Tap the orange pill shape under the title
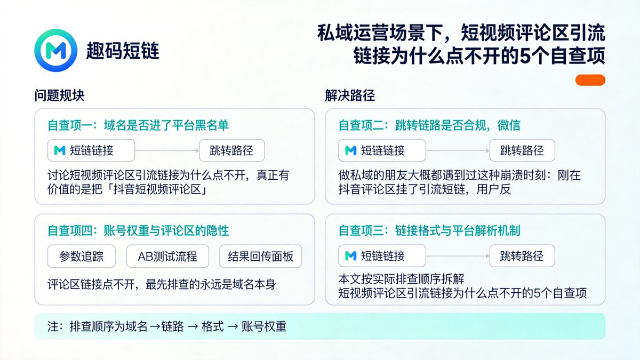click(590, 80)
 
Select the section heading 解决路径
click(350, 95)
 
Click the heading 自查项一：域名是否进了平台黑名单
click(138, 125)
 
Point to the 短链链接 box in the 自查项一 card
click(91, 150)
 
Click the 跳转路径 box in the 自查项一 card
click(231, 150)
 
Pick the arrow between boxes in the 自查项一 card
click(167, 150)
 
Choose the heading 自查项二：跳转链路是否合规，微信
click(429, 125)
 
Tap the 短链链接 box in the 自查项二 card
click(382, 150)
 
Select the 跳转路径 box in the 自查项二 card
click(522, 150)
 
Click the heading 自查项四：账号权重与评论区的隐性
click(138, 230)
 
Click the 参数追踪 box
click(81, 257)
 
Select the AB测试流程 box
click(167, 257)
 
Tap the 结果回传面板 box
click(260, 257)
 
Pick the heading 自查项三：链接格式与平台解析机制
click(429, 230)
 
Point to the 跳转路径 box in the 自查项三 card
click(522, 255)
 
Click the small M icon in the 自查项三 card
click(350, 255)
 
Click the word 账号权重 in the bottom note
click(264, 326)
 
